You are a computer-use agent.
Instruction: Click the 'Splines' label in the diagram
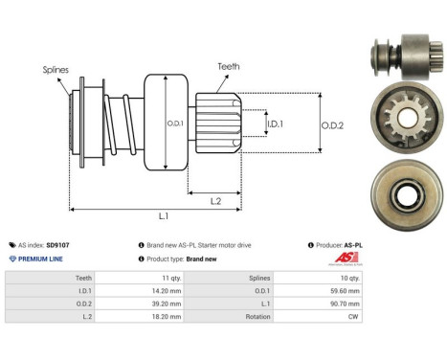pyautogui.click(x=56, y=70)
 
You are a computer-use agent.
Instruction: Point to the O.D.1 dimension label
pyautogui.click(x=175, y=124)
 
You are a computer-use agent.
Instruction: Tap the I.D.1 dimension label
pyautogui.click(x=274, y=124)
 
